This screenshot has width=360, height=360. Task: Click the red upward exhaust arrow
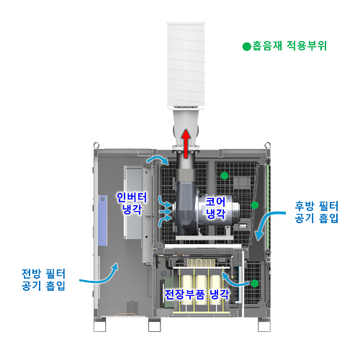click(186, 143)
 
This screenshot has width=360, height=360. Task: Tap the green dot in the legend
click(246, 46)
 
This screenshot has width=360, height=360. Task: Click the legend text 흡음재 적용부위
click(289, 45)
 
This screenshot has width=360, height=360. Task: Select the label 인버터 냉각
click(132, 203)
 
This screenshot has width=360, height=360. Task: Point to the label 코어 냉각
click(216, 207)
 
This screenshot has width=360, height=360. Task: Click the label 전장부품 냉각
click(197, 294)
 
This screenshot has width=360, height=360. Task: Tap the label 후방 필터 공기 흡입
click(316, 212)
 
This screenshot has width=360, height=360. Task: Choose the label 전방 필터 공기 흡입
click(43, 279)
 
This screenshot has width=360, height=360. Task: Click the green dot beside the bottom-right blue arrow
click(255, 284)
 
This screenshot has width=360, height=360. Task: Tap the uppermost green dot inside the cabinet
click(224, 176)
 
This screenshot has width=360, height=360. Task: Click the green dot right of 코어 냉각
click(255, 205)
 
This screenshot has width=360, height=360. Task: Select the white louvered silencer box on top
click(186, 65)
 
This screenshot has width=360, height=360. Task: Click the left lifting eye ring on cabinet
click(96, 145)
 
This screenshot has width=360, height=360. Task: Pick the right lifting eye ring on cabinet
click(268, 145)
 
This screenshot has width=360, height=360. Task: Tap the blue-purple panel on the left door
click(103, 220)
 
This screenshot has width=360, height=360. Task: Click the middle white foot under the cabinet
click(155, 326)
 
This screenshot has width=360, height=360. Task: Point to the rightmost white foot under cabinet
click(264, 326)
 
